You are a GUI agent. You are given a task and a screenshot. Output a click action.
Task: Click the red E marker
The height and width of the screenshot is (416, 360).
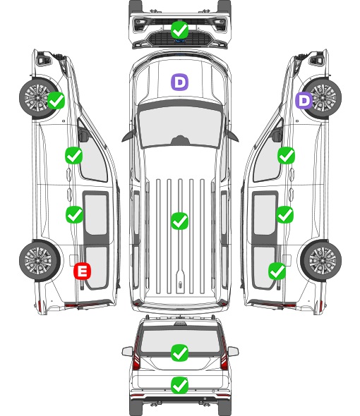coord(83,271)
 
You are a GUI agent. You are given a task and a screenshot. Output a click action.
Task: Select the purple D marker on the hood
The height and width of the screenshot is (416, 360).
coord(179,82)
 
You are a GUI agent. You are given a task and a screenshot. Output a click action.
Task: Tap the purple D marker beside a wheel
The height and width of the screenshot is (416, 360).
coord(304,101)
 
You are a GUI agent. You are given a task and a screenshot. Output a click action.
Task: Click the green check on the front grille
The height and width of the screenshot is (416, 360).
coord(179,30)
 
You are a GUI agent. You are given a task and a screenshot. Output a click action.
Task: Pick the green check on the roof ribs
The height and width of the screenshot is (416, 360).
coord(179,221)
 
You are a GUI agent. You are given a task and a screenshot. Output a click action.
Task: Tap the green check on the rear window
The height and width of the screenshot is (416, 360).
coord(179,353)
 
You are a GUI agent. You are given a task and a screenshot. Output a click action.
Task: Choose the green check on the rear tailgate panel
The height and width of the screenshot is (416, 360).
coord(179,385)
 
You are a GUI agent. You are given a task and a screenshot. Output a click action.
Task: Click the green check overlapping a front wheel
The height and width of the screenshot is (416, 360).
coord(56,100)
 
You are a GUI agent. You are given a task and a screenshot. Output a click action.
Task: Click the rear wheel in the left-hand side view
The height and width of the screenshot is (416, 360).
coord(40,261)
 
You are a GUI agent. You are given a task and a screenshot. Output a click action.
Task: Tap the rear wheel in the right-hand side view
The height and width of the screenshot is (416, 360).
coord(321,261)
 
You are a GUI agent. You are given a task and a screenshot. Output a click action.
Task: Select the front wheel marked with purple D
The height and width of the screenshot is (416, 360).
coord(321,98)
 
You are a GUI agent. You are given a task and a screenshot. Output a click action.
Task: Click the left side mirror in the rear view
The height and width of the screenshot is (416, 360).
coord(127,351)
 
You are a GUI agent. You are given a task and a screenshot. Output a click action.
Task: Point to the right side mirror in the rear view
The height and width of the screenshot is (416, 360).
coord(233,351)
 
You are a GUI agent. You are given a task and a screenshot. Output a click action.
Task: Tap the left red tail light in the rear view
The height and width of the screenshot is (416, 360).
coord(136,355)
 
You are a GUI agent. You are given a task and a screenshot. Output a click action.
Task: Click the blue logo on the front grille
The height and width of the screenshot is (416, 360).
coord(180,41)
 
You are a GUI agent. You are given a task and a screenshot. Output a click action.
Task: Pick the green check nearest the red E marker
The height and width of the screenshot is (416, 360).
coord(74,214)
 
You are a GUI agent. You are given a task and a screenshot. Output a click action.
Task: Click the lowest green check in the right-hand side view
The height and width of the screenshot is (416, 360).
coord(277,271)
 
